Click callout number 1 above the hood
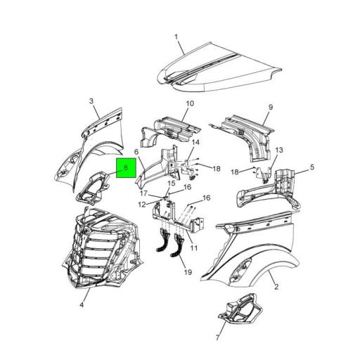[176, 36]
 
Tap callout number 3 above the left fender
[91, 101]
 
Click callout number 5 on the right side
[312, 167]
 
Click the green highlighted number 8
[124, 169]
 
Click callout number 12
[141, 205]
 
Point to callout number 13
[278, 150]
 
